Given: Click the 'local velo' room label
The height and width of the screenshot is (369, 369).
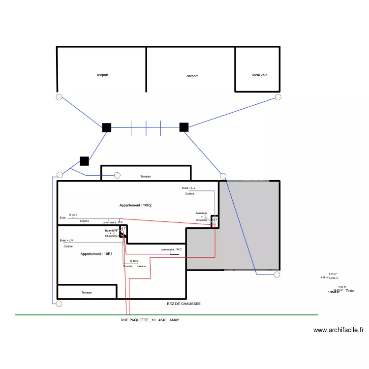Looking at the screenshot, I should pyautogui.click(x=260, y=75).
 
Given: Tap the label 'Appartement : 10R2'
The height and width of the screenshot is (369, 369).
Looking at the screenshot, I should pyautogui.click(x=135, y=205).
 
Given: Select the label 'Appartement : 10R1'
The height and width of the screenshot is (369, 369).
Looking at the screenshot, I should pyautogui.click(x=96, y=254).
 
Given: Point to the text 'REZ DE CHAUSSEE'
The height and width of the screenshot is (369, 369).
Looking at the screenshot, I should pyautogui.click(x=184, y=304).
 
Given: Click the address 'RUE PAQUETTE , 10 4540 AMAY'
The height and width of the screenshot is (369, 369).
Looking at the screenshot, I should pyautogui.click(x=150, y=320).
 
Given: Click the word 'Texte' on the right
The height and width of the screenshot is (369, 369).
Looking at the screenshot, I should pyautogui.click(x=350, y=291).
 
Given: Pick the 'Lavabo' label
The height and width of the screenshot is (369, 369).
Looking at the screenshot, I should pyautogui.click(x=141, y=266).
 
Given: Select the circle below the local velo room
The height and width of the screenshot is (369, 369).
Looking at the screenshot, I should pyautogui.click(x=278, y=97).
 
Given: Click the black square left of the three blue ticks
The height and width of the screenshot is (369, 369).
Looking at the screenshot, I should pyautogui.click(x=106, y=127).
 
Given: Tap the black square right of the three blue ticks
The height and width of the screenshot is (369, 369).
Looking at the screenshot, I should pyautogui.click(x=184, y=127).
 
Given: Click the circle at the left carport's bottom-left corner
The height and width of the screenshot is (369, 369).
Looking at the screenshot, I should pyautogui.click(x=59, y=97).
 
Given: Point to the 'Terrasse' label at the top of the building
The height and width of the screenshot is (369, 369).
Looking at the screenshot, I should pyautogui.click(x=146, y=176).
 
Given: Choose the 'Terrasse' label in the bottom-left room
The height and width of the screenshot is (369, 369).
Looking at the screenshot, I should pyautogui.click(x=87, y=292).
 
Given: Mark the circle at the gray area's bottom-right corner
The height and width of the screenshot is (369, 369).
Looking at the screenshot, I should pyautogui.click(x=277, y=275).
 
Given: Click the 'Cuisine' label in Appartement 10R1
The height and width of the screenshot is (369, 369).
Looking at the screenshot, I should pyautogui.click(x=68, y=246).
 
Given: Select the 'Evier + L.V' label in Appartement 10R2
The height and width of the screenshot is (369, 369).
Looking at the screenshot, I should pyautogui.click(x=188, y=188).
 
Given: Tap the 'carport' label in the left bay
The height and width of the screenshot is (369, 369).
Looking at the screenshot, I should pyautogui.click(x=102, y=75).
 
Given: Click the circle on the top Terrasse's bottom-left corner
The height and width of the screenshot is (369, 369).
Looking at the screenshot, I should pyautogui.click(x=117, y=175).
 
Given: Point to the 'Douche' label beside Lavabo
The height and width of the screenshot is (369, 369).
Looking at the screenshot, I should pyautogui.click(x=127, y=266).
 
